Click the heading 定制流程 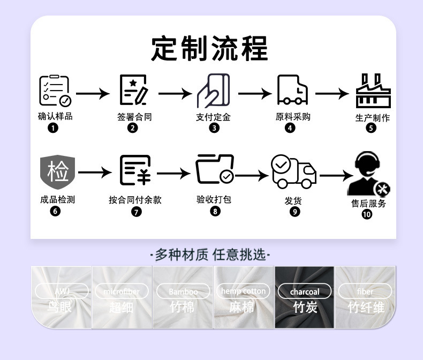pos(209,49)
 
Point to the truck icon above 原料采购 pos(292,90)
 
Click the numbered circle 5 pos(372,128)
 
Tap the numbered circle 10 pos(367,214)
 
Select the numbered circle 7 pos(136,212)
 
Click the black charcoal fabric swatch pos(304,297)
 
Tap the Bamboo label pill pos(183,292)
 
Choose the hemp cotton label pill pos(243,291)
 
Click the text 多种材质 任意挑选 pos(210,255)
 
